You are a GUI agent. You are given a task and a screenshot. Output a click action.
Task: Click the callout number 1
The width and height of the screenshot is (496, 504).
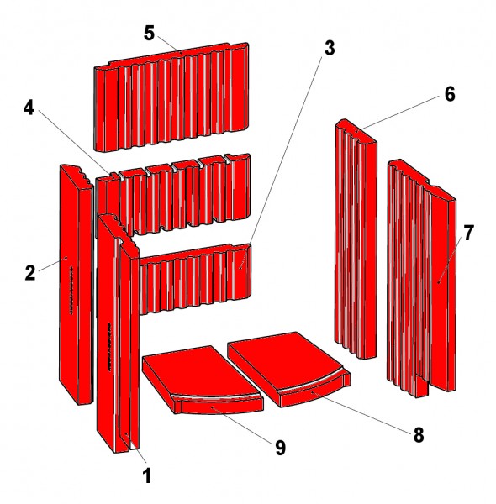146,476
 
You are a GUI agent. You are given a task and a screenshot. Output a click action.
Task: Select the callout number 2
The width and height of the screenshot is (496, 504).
29,272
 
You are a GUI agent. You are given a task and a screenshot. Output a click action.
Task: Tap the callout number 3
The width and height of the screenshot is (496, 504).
330,48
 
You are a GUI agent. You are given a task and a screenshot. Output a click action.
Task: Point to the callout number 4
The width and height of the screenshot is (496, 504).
29,108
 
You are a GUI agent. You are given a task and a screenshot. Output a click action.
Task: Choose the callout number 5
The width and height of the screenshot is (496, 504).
149,33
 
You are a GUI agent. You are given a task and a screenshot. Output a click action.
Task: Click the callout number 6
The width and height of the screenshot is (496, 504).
449,94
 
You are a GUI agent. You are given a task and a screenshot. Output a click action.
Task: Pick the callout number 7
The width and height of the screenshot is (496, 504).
468,230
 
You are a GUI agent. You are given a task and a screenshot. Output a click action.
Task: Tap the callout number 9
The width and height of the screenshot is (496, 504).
279,448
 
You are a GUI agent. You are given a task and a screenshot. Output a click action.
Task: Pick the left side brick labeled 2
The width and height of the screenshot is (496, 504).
71,286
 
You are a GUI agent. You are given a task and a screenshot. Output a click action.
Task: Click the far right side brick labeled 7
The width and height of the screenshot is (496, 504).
420,277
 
